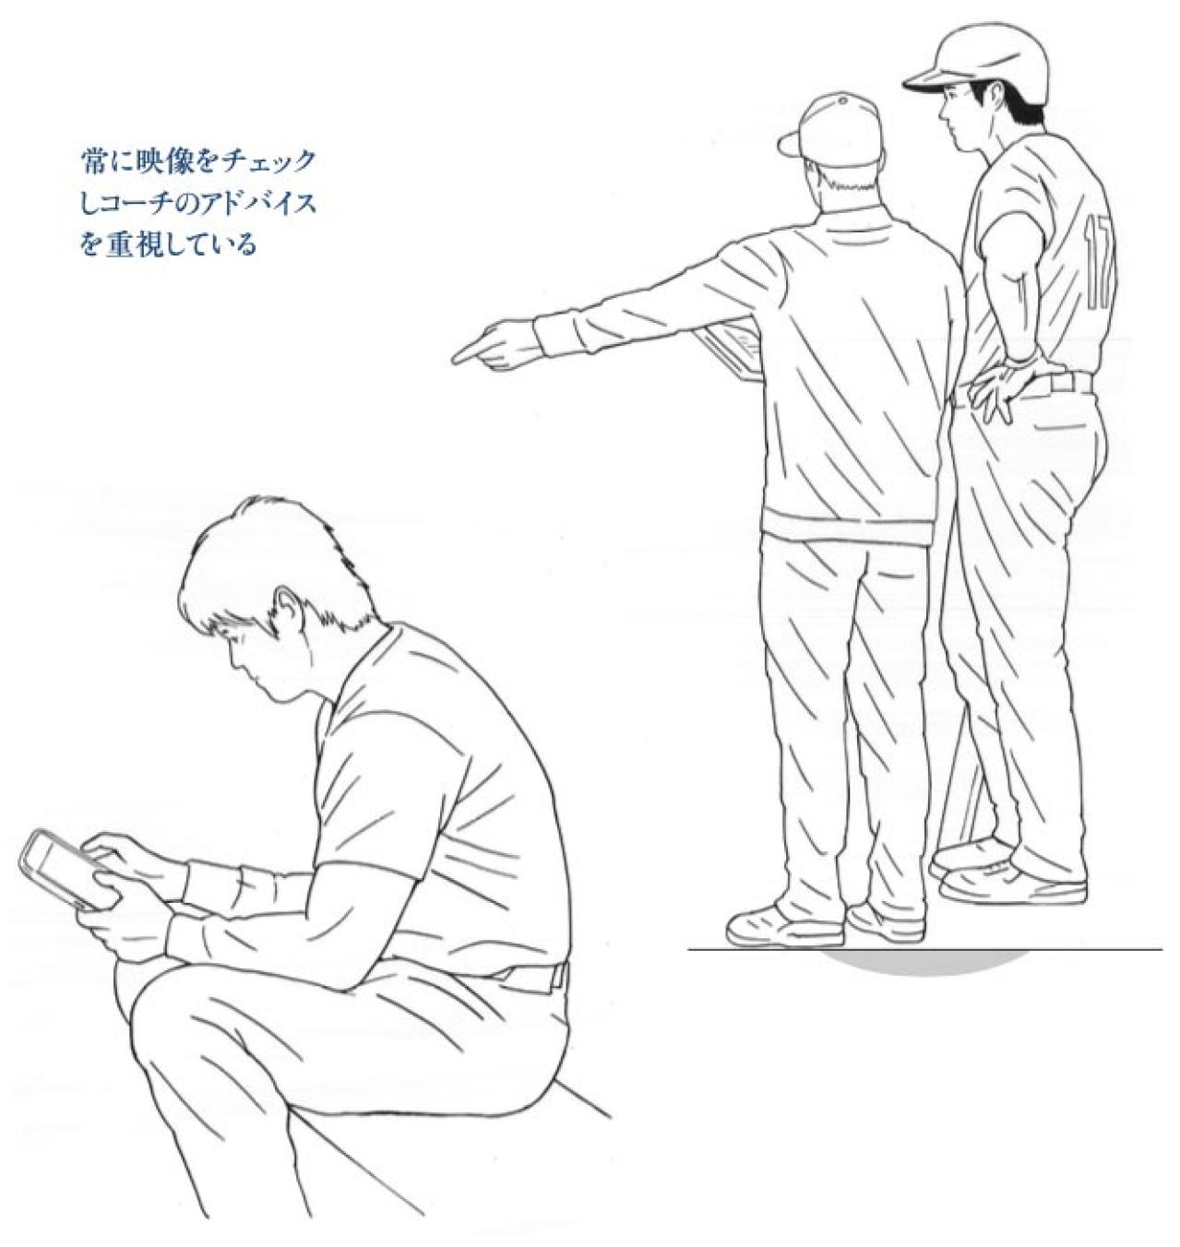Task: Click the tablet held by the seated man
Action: pyautogui.click(x=57, y=867)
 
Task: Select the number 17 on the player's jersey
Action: pyautogui.click(x=1100, y=263)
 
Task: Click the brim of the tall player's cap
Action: pyautogui.click(x=925, y=82)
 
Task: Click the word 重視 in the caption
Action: pyautogui.click(x=138, y=246)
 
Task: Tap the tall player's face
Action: pyautogui.click(x=959, y=111)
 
